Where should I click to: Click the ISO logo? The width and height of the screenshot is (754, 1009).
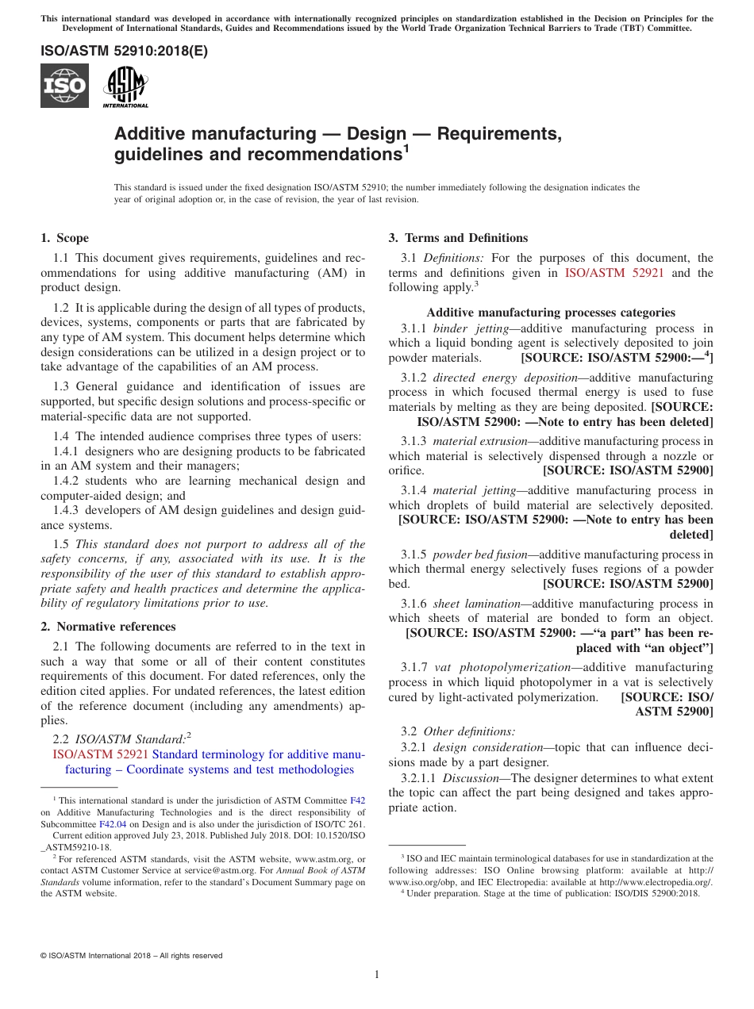64,86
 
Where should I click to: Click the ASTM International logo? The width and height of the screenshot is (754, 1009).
125,86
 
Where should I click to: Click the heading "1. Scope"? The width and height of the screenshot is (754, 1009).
64,238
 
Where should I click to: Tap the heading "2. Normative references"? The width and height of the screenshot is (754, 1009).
108,626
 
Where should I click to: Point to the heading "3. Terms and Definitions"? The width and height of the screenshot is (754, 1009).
457,238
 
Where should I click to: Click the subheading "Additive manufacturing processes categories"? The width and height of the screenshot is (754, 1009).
551,313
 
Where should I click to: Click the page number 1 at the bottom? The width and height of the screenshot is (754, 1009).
377,975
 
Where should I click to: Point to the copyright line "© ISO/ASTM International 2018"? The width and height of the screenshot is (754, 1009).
131,956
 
